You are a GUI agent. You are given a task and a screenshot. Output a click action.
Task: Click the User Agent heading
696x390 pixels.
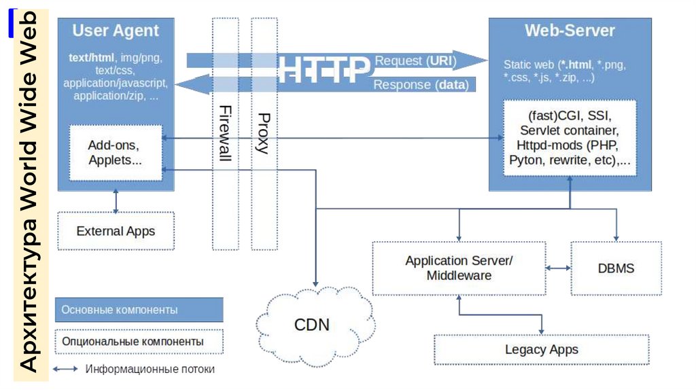pos(116,31)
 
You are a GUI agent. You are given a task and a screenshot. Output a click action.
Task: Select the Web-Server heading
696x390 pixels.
pos(570,31)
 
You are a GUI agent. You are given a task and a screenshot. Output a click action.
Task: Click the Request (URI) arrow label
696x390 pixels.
pos(415,60)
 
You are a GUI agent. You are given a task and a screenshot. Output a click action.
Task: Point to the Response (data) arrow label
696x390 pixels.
pos(421,86)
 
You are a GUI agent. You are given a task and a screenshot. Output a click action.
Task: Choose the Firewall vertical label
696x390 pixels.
pos(224,132)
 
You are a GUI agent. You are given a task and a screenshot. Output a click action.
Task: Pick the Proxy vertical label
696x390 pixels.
pos(264,133)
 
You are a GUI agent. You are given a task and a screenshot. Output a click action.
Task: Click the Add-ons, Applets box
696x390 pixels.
pos(116,153)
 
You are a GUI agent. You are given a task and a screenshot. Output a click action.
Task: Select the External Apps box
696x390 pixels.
pos(116,231)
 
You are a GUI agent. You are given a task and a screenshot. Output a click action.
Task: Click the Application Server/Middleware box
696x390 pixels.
pos(459,268)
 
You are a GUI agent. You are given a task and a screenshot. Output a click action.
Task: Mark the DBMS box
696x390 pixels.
pos(616,268)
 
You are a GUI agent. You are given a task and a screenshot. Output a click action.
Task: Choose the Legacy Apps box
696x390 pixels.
pos(541,349)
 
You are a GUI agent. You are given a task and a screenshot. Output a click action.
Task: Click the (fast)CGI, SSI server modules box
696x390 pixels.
pos(570,138)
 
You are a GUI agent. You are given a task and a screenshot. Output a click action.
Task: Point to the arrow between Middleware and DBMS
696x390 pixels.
pos(558,268)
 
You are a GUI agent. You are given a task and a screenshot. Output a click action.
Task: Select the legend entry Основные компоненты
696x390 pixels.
pos(139,310)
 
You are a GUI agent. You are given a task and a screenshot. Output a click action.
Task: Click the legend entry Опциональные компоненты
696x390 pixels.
pos(139,341)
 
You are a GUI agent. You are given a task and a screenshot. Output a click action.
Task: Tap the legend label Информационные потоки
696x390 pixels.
pos(150,370)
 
